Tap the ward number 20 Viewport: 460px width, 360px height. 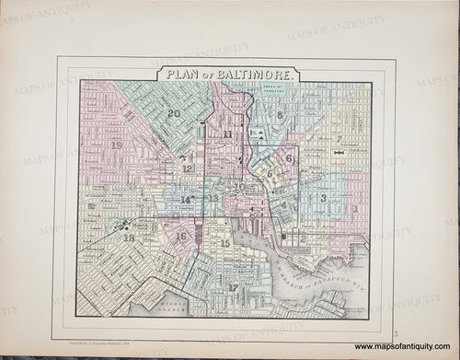click(x=174, y=113)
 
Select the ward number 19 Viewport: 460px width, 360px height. click(x=116, y=145)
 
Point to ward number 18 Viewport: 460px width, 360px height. click(x=129, y=238)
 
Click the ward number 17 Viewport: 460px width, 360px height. click(x=234, y=287)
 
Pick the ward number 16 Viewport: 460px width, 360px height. click(x=182, y=237)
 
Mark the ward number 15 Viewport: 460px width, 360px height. click(x=225, y=243)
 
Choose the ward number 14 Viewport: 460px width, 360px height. click(x=186, y=200)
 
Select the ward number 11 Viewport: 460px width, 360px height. click(x=227, y=134)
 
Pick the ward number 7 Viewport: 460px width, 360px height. click(x=339, y=139)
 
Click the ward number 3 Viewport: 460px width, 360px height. click(x=323, y=198)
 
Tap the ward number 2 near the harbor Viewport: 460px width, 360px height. click(x=303, y=238)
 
